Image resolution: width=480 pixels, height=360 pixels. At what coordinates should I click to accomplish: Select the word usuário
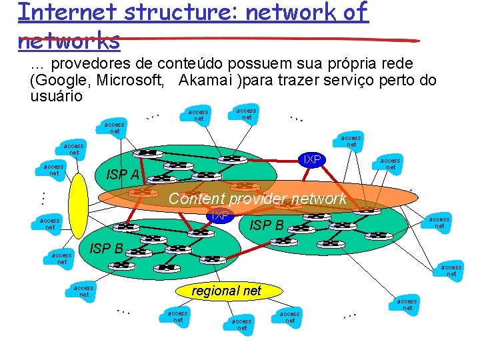click(x=56, y=96)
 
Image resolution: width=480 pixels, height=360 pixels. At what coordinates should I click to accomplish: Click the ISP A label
click(x=123, y=175)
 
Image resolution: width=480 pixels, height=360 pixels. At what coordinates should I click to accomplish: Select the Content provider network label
click(x=257, y=199)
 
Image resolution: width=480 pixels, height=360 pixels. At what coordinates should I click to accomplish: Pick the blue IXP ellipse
click(x=219, y=215)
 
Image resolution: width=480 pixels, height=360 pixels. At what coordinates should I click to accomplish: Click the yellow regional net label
click(x=226, y=290)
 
